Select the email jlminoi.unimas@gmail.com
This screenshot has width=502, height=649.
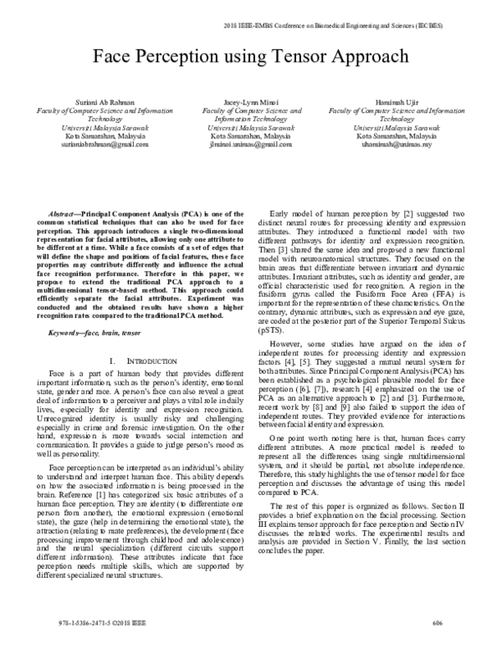pos(251,144)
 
